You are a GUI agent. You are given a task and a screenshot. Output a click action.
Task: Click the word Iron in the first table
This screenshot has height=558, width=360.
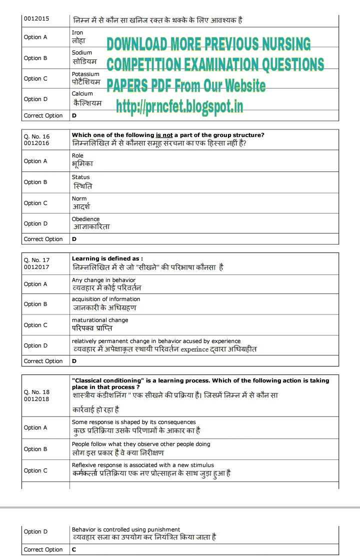[77, 32]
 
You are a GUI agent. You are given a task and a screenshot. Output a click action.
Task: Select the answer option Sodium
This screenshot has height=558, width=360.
[82, 52]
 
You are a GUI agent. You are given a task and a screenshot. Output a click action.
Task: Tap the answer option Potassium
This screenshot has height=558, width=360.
[85, 73]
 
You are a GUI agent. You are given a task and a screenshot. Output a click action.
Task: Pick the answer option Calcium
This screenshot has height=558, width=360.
[82, 93]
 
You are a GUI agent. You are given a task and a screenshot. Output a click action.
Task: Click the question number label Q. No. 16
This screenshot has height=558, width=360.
[36, 136]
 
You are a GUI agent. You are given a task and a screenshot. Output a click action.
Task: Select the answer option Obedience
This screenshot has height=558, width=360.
[85, 219]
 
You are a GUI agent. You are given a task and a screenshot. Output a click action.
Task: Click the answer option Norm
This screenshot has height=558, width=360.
[79, 198]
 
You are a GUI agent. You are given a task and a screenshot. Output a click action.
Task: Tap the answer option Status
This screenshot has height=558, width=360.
[80, 177]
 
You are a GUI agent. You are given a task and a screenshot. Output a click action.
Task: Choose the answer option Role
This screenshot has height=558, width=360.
[77, 156]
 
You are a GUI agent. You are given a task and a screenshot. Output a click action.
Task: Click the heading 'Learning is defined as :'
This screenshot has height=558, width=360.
[107, 258]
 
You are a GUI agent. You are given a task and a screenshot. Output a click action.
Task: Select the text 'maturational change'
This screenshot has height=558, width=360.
[100, 320]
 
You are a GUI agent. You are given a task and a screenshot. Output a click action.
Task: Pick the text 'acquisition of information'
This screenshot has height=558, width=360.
[106, 299]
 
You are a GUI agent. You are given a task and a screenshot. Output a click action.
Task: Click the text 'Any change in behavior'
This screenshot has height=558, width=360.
[103, 280]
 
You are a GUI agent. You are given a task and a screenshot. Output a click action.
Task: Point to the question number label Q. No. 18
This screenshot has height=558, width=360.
[36, 392]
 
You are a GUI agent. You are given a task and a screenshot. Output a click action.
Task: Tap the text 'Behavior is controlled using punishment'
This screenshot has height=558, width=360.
[126, 529]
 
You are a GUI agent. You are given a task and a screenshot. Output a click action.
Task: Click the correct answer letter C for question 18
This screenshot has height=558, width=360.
[74, 549]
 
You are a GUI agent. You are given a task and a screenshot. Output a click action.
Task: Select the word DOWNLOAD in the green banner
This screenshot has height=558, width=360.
[136, 45]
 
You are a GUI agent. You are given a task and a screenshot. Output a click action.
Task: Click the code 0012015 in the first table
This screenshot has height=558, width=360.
[36, 19]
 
